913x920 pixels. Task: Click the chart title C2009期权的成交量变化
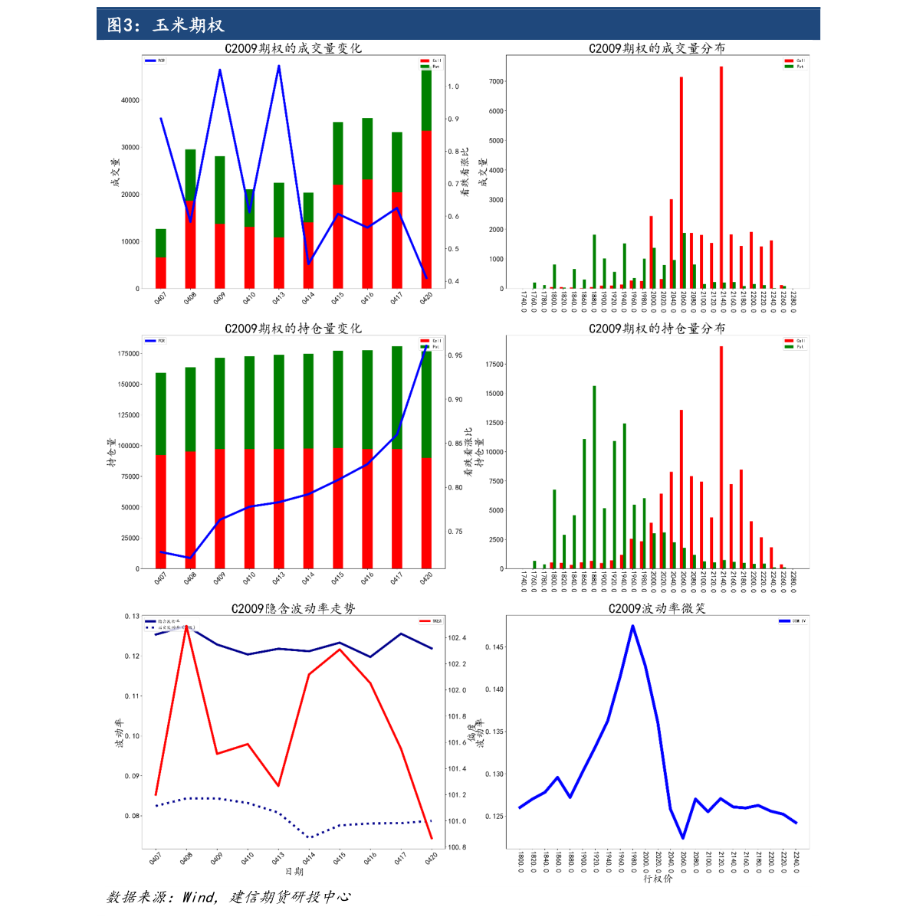coord(293,48)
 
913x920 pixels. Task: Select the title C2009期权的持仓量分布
coord(657,329)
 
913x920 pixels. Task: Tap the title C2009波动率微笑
coord(657,608)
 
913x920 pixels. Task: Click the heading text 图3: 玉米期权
coord(166,25)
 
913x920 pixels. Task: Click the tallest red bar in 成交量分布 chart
coord(721,176)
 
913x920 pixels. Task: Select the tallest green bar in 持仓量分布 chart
coord(594,475)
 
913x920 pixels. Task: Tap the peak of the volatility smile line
coord(632,626)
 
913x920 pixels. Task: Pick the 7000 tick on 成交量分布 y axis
coord(495,81)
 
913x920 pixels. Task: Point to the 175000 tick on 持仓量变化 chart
coord(128,354)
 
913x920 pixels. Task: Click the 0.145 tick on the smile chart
coord(494,647)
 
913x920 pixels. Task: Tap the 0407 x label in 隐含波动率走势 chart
coord(155,858)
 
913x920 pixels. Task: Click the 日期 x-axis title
coord(294,872)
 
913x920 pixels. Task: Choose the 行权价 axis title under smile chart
coord(657,878)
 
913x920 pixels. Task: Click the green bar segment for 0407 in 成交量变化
coord(161,243)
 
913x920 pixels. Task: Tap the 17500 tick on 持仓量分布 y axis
coord(494,365)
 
